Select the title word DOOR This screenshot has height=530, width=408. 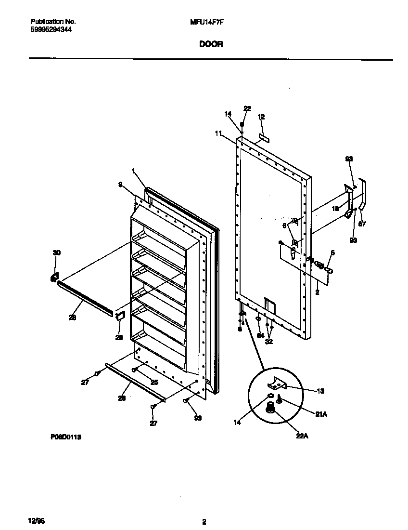(211, 44)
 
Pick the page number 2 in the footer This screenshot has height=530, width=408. (204, 522)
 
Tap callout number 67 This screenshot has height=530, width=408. (362, 224)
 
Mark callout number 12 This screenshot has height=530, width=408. (261, 117)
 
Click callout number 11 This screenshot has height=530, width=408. (218, 133)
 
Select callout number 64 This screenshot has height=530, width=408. (260, 335)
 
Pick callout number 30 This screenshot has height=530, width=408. (57, 252)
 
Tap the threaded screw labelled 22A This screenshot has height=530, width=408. (271, 408)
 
